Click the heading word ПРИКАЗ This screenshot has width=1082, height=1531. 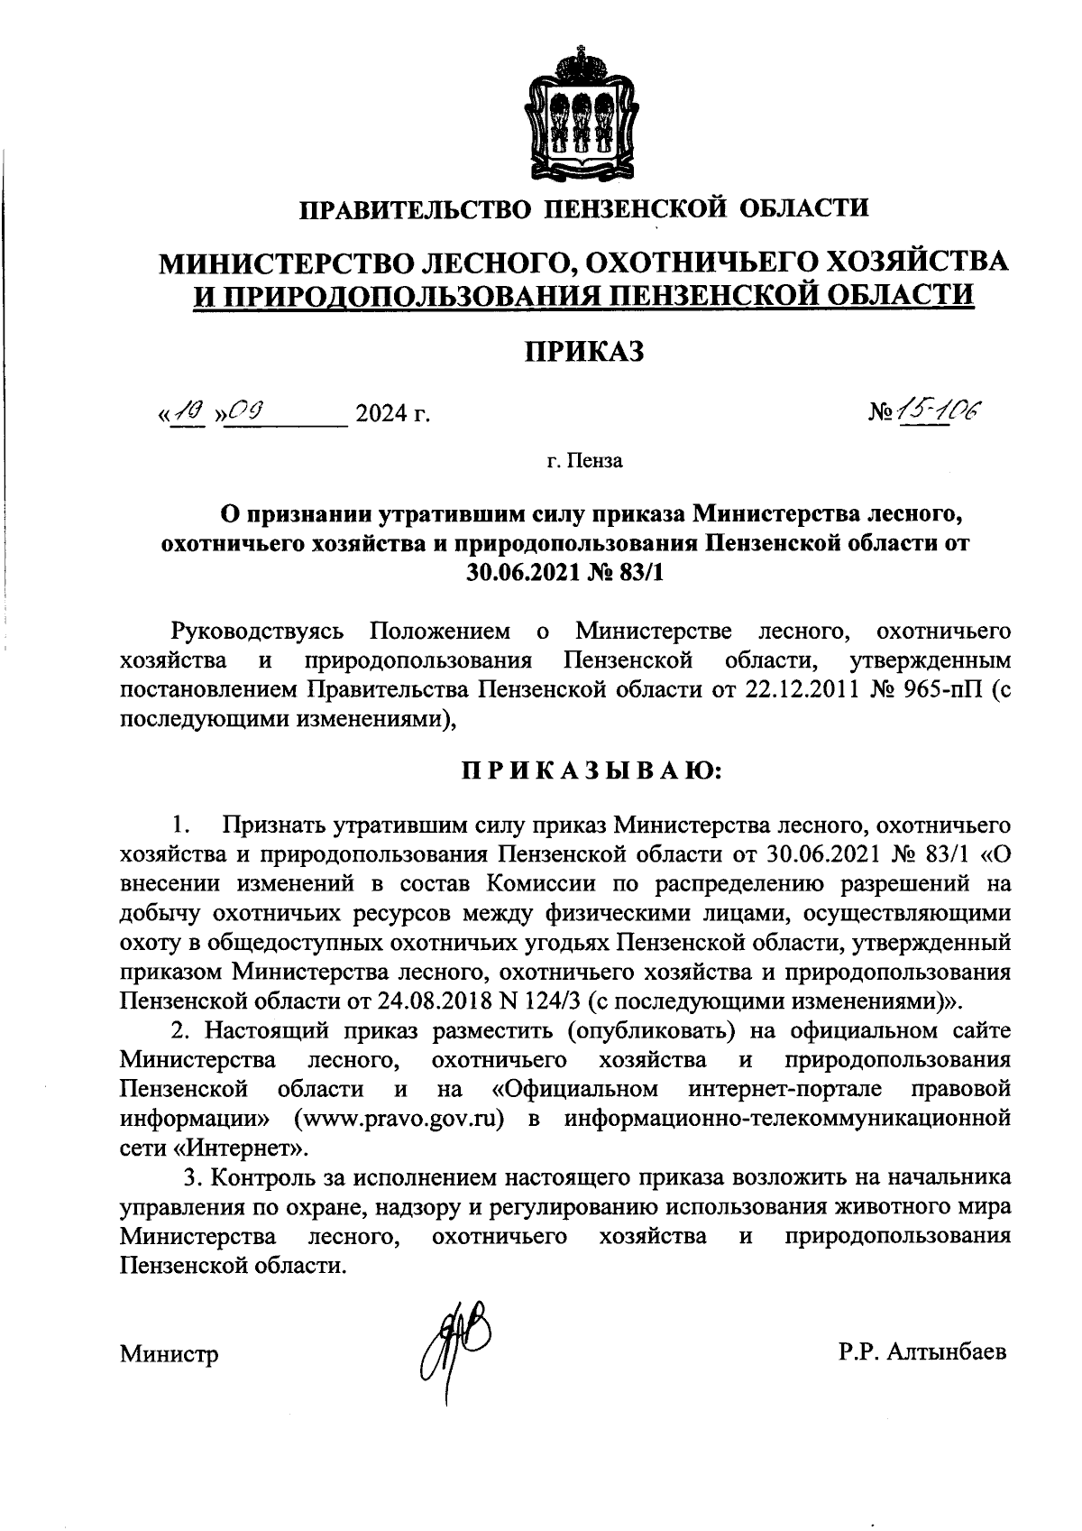(584, 350)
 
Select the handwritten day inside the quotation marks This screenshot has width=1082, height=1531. (190, 412)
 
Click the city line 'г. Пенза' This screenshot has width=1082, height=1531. (583, 462)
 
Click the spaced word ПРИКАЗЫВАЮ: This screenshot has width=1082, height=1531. (584, 770)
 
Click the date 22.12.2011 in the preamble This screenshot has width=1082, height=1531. (802, 691)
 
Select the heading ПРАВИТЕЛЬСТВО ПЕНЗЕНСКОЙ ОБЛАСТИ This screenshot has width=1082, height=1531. (584, 208)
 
